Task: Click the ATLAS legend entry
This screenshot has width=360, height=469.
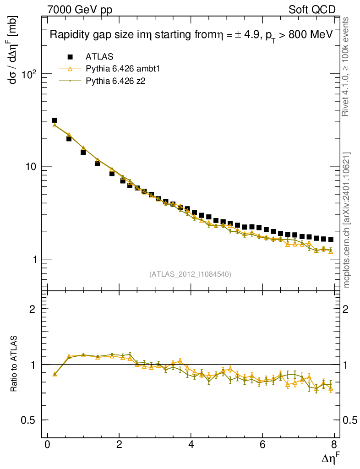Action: [99, 57]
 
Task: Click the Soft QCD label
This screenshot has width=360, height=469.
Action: [312, 10]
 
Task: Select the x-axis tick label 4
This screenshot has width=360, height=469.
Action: [191, 444]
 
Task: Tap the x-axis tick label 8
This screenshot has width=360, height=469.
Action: [334, 444]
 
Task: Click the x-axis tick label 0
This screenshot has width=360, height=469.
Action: [48, 444]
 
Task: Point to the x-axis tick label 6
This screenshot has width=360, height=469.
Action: [263, 444]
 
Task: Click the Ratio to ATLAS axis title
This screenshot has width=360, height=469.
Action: [15, 364]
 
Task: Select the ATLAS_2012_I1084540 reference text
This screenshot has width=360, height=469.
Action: [190, 274]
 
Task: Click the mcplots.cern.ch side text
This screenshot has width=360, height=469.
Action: [347, 220]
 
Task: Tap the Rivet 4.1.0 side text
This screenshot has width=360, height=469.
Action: [347, 66]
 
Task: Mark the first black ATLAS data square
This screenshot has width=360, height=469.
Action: [55, 120]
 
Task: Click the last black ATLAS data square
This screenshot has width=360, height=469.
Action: [331, 240]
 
